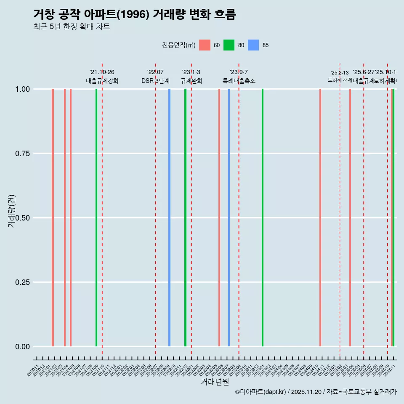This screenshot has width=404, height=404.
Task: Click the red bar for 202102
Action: (x=53, y=218)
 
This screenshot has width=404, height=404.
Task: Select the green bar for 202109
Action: (x=96, y=218)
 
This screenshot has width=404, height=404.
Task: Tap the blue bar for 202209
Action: (x=169, y=218)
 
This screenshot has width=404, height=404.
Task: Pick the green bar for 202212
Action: (x=185, y=218)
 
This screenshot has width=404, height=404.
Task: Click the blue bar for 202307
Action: (x=229, y=218)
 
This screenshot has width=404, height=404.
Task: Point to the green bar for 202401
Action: (x=263, y=218)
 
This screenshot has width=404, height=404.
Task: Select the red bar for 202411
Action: (x=320, y=218)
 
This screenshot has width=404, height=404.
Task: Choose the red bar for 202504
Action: (x=350, y=218)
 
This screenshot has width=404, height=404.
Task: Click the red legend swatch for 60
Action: (x=205, y=45)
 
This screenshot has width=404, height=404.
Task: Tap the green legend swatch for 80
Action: (x=229, y=45)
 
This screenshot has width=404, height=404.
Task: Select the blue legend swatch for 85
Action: (x=253, y=45)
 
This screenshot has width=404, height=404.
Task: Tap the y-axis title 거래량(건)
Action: (x=11, y=211)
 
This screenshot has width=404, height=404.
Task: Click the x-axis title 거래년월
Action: (x=215, y=382)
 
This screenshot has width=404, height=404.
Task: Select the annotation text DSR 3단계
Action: (x=155, y=81)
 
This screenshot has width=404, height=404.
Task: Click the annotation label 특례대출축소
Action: (x=239, y=81)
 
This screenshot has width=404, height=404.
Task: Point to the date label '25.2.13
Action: (x=340, y=73)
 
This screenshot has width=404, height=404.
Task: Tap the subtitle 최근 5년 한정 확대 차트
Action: (x=71, y=27)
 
